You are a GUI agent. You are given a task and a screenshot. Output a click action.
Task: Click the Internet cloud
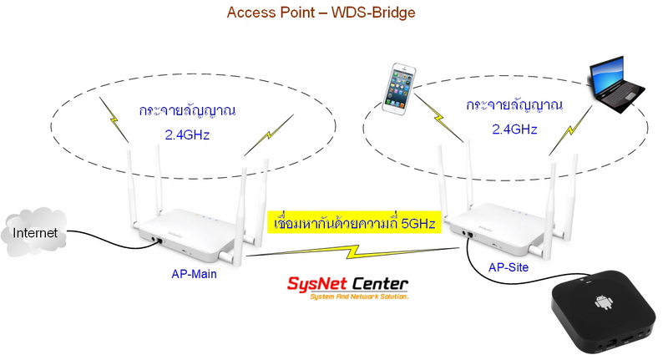click(34, 232)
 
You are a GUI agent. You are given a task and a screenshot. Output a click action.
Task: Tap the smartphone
click(399, 89)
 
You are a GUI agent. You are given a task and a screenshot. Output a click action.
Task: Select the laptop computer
click(617, 84)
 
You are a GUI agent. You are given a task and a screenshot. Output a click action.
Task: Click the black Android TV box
click(604, 312)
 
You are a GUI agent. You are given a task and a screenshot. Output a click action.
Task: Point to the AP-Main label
click(194, 274)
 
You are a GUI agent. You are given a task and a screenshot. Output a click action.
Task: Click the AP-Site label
click(509, 267)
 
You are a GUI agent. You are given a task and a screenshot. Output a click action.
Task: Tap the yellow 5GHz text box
click(354, 222)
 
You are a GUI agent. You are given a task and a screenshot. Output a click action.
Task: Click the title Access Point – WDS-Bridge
click(321, 13)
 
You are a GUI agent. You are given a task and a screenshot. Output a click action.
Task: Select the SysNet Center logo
click(347, 288)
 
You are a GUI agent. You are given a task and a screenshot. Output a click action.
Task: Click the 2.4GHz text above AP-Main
click(187, 135)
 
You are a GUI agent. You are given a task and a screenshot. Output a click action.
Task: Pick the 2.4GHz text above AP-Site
click(514, 129)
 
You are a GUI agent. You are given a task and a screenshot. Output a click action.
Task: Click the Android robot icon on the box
click(604, 302)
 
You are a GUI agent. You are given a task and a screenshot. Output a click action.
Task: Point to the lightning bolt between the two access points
click(352, 252)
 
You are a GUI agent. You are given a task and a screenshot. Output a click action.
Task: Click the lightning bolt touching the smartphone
click(438, 118)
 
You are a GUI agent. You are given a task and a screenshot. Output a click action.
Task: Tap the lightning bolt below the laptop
click(570, 131)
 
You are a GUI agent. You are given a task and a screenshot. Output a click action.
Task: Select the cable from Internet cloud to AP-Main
click(114, 240)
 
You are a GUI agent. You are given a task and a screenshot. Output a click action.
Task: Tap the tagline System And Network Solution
click(359, 297)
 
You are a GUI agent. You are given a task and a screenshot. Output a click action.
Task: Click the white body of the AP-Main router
click(187, 235)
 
